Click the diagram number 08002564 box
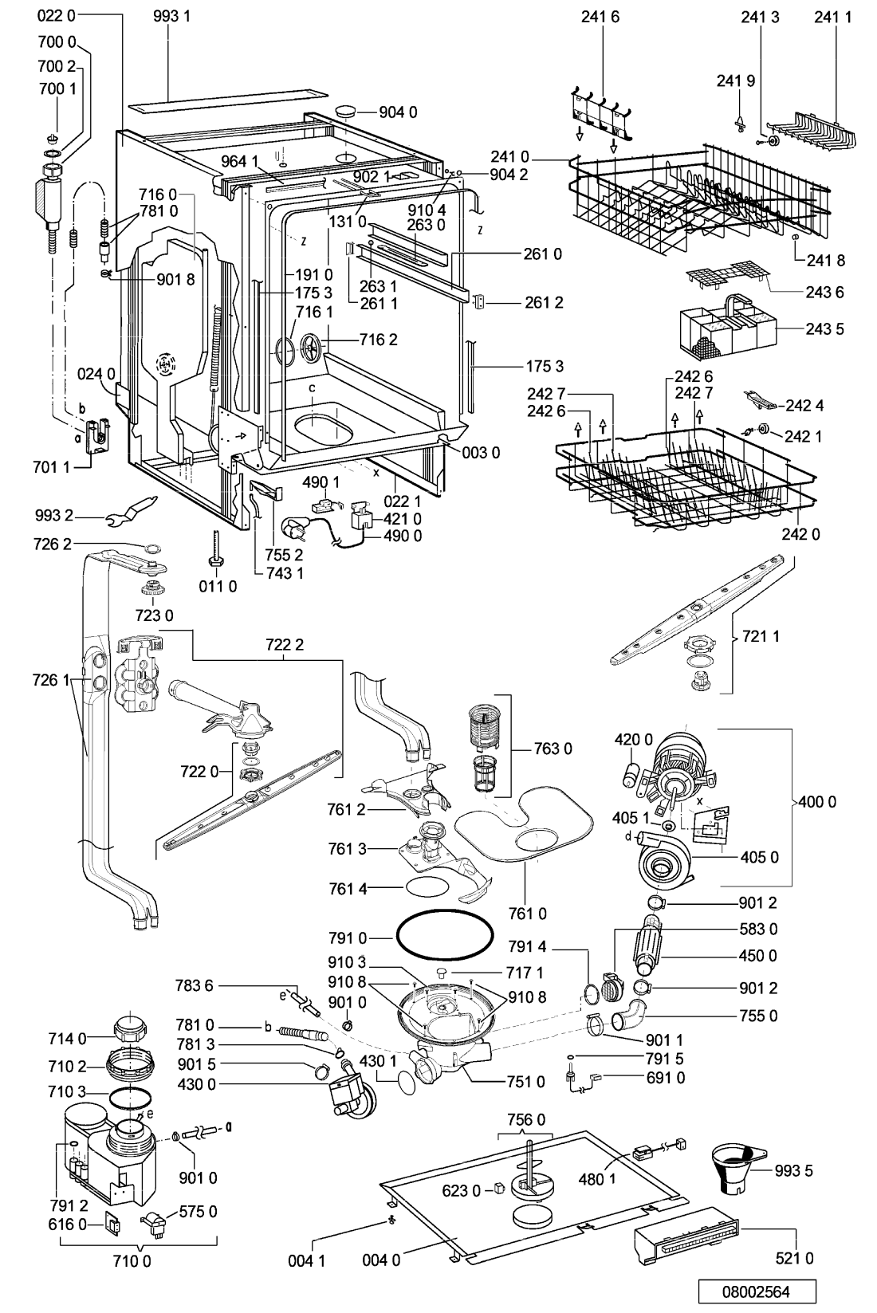point(757,1292)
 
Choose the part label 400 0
point(817,801)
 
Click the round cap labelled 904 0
point(346,112)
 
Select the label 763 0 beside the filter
point(553,749)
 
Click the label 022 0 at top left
point(57,16)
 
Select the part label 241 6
point(600,17)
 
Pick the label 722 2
point(285,645)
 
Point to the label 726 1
point(52,680)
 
